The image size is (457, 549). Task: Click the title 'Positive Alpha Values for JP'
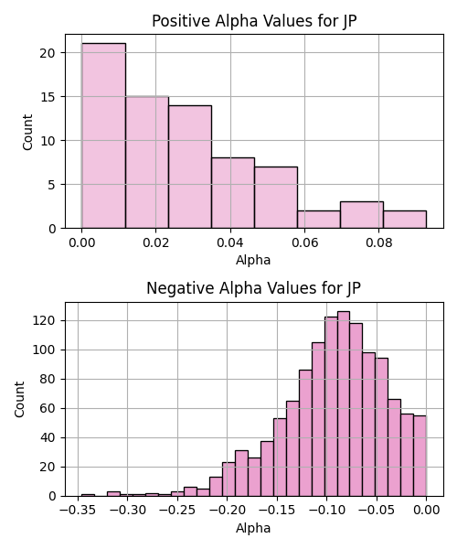(254, 21)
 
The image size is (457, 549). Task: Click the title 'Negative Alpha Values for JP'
(253, 288)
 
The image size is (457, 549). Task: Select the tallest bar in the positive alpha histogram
(103, 135)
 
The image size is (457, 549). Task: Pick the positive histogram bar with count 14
(190, 167)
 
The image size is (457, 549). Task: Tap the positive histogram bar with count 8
(233, 193)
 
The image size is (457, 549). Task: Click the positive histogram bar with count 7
(276, 198)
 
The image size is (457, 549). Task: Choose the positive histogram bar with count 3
(362, 215)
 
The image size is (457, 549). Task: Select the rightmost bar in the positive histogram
(405, 220)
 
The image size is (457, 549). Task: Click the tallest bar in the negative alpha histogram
(344, 404)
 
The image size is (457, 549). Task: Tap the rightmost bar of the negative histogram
(420, 456)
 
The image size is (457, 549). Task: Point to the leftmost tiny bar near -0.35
(88, 495)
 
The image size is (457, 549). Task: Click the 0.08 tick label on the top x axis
(378, 242)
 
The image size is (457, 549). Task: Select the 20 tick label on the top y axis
(48, 53)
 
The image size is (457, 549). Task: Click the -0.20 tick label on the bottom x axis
(228, 511)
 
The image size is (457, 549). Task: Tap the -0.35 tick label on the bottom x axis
(78, 511)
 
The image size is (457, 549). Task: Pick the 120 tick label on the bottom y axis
(44, 321)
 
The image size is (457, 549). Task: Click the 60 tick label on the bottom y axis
(48, 409)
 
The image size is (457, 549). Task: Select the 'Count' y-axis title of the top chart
(27, 132)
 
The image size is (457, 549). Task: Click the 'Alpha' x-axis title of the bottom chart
(253, 528)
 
